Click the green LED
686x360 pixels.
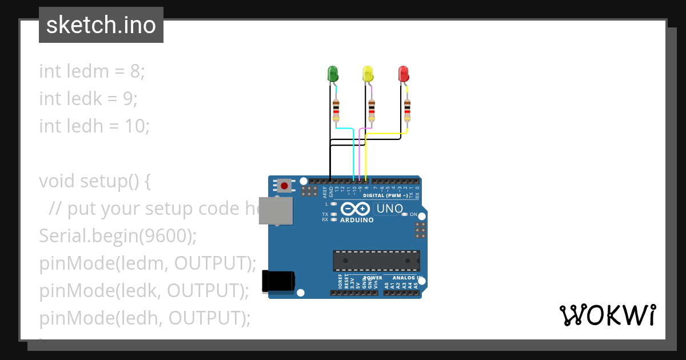pos(333,74)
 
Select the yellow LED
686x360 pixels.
pos(368,74)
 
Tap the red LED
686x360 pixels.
pos(404,74)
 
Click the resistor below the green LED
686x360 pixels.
pos(336,110)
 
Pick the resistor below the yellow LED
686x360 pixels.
pos(372,110)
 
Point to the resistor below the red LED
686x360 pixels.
pos(407,110)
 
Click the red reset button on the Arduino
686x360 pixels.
pos(284,185)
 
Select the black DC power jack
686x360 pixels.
pos(278,281)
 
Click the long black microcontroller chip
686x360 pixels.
pos(376,261)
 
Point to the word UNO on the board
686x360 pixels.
pos(390,209)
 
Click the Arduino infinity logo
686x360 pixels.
pos(357,209)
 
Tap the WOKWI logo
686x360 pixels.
pos(607,315)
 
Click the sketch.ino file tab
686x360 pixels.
pos(101,25)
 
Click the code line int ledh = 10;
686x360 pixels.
pos(94,126)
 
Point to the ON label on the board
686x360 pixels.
pos(413,214)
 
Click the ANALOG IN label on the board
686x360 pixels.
pos(407,278)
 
